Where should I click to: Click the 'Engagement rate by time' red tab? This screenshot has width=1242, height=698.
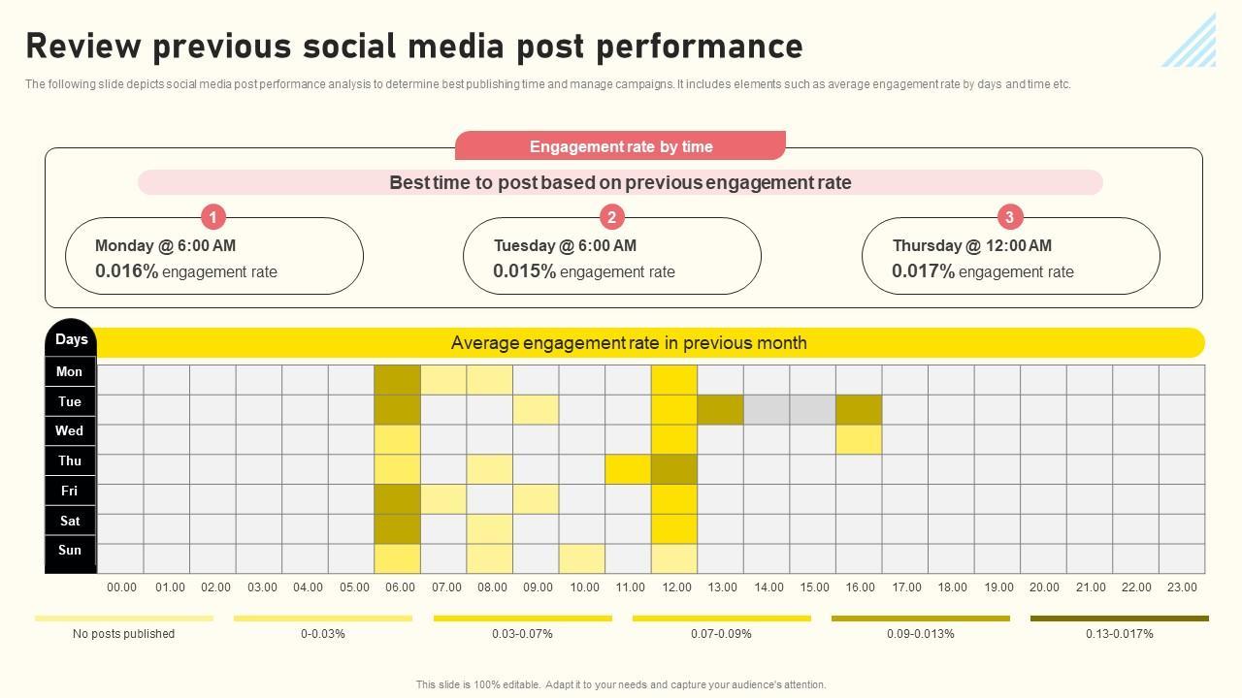(620, 146)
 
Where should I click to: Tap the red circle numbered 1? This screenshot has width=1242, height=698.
(212, 216)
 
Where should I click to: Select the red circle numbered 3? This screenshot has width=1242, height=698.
(1009, 216)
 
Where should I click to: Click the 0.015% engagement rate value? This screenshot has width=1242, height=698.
(524, 271)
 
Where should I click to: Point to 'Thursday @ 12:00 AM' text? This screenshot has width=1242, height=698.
(971, 245)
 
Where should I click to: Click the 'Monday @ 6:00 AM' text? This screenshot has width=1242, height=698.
(165, 245)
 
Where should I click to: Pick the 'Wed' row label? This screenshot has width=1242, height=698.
(70, 431)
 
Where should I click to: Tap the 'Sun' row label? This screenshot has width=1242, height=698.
(70, 551)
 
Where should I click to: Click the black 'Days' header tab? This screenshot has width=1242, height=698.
(71, 339)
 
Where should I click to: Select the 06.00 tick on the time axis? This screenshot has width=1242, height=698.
(399, 587)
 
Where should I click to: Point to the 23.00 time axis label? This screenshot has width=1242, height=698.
(1182, 587)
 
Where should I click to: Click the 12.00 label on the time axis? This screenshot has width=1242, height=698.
(676, 587)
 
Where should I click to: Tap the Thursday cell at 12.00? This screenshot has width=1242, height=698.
(674, 469)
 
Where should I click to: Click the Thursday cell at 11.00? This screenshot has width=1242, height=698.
(628, 469)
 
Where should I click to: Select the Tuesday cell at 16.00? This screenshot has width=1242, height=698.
(859, 409)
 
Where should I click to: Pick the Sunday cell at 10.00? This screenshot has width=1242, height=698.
(582, 558)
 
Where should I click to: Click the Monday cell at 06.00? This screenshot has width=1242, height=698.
(398, 379)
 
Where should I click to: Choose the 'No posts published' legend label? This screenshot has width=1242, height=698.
(123, 634)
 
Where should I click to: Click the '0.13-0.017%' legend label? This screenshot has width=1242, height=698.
(1119, 634)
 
